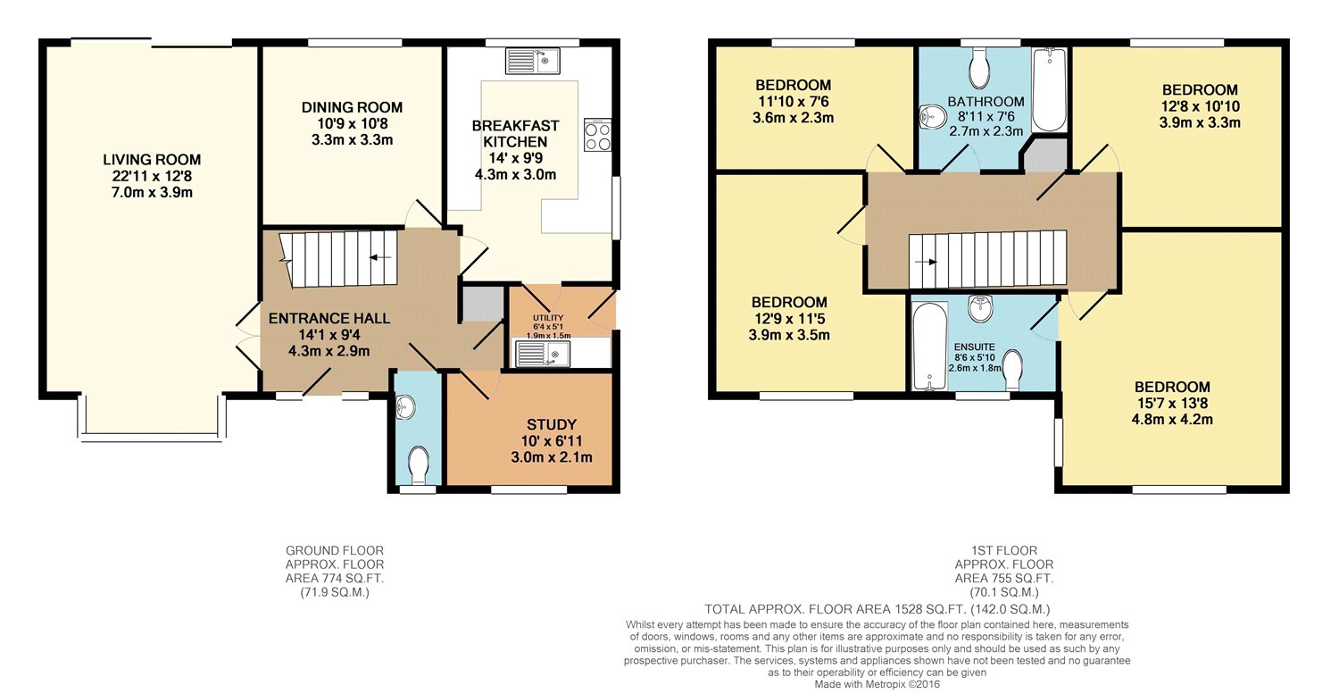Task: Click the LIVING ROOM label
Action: pyautogui.click(x=152, y=160)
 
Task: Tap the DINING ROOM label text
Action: pyautogui.click(x=352, y=108)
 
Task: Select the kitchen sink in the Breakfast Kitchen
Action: pyautogui.click(x=533, y=61)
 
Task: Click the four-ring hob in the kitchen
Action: pyautogui.click(x=598, y=135)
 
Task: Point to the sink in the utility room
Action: pyautogui.click(x=543, y=354)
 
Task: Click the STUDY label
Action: pyautogui.click(x=552, y=425)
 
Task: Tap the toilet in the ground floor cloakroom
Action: pyautogui.click(x=419, y=465)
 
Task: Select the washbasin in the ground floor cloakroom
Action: pyautogui.click(x=404, y=407)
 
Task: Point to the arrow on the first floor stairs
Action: pyautogui.click(x=926, y=262)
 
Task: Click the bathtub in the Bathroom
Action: pyautogui.click(x=1049, y=89)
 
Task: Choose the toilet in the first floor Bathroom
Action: pyautogui.click(x=979, y=68)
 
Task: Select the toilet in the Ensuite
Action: pyautogui.click(x=1012, y=370)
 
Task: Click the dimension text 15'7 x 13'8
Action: pyautogui.click(x=1172, y=404)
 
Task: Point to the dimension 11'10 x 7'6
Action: pyautogui.click(x=793, y=102)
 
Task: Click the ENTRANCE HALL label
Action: pyautogui.click(x=329, y=319)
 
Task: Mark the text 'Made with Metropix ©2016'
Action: pyautogui.click(x=877, y=684)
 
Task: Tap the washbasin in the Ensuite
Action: pyautogui.click(x=980, y=309)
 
